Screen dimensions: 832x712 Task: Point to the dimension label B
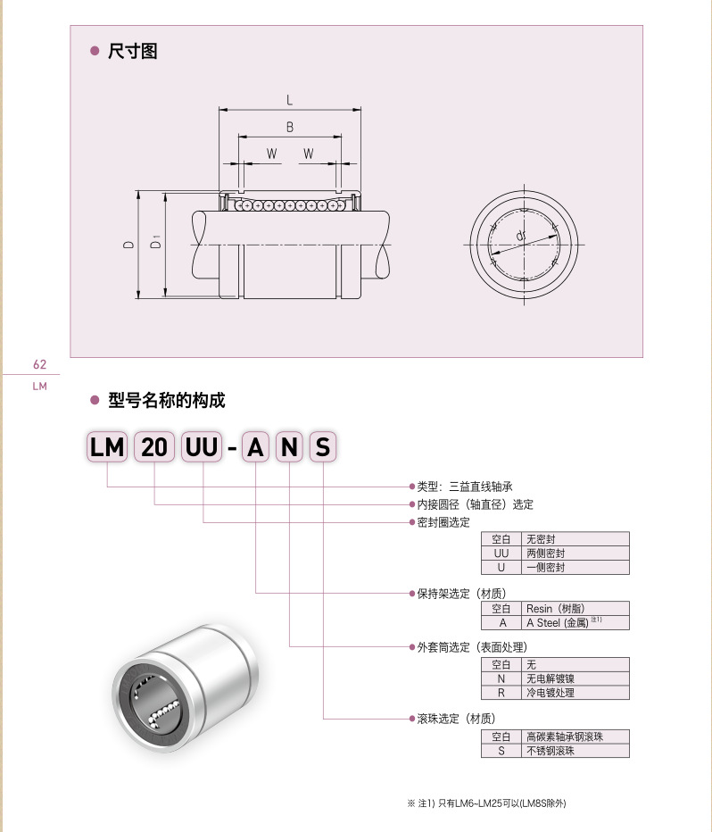point(290,128)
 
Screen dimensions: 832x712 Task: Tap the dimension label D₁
point(156,243)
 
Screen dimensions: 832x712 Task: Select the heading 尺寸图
point(131,52)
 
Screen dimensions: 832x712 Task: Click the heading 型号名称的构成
point(166,401)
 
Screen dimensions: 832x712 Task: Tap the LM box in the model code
point(107,448)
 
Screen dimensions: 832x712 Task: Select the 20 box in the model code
point(154,448)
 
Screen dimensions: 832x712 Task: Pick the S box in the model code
point(322,448)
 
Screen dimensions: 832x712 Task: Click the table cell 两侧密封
point(546,553)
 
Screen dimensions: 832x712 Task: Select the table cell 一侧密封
point(546,567)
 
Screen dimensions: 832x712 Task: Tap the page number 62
point(38,364)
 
